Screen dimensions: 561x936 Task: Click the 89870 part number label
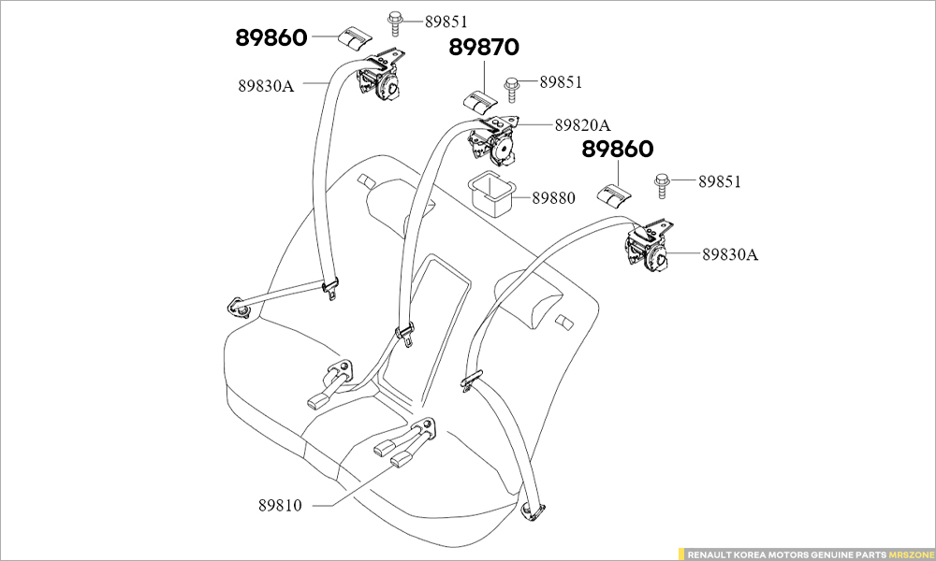(x=484, y=48)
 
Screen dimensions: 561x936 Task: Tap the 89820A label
(x=581, y=124)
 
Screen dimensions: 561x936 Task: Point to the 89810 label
(x=281, y=505)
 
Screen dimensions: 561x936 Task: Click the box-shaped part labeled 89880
(x=491, y=192)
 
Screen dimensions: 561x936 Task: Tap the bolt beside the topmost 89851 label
(x=394, y=21)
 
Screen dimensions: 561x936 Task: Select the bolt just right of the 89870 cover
(x=513, y=85)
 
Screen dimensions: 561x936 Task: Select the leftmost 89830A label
(x=266, y=86)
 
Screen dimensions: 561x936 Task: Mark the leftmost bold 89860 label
(x=270, y=38)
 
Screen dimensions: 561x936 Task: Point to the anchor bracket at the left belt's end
(x=236, y=306)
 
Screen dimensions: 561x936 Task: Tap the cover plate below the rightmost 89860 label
(x=615, y=194)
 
